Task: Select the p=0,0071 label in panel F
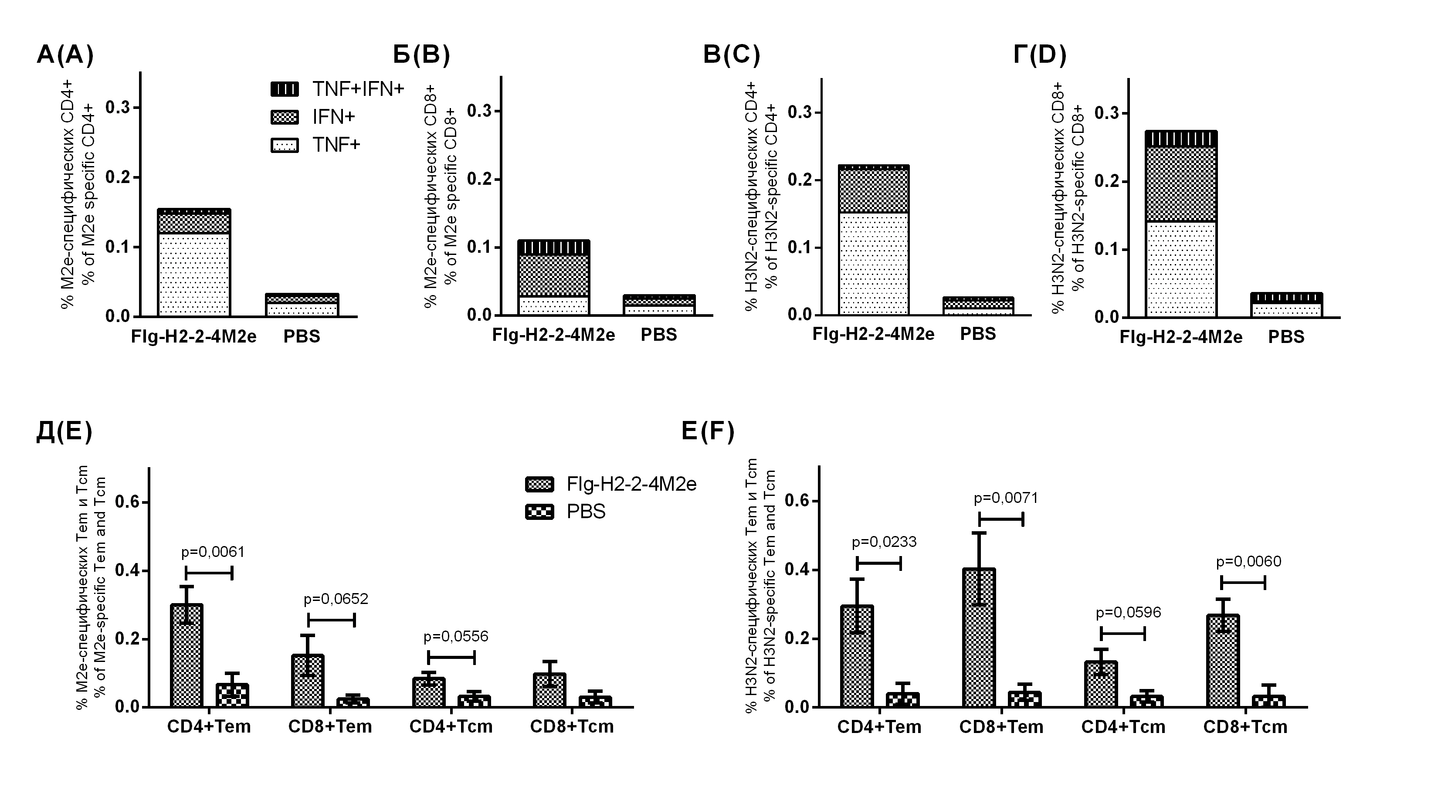coord(1005,498)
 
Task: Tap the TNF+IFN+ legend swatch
coord(285,89)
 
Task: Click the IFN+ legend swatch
coord(285,117)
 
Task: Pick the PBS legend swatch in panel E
coord(539,512)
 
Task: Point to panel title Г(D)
coord(1039,55)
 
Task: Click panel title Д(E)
coord(64,432)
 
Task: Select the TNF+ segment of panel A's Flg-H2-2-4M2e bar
coord(194,275)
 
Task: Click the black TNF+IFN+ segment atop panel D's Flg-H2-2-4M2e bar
coord(1181,139)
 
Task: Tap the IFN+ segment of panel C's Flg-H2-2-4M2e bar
coord(874,190)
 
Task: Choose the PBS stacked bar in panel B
coord(659,305)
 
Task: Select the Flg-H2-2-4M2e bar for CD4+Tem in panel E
coord(187,656)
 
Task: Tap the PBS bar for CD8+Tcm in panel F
coord(1269,701)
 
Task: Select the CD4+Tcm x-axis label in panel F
coord(1122,727)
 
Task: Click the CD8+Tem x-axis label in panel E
coord(330,726)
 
